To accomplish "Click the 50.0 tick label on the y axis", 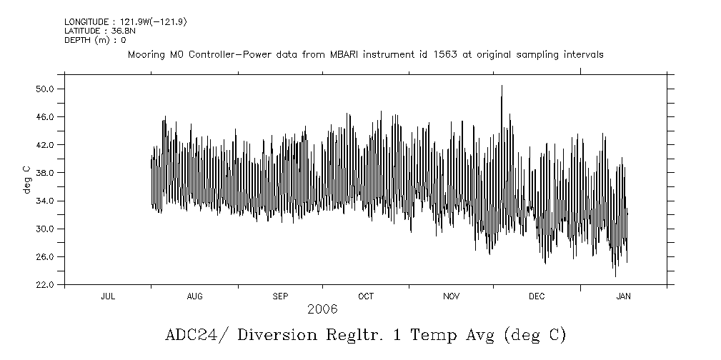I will (45, 89).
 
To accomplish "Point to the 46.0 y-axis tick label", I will (45, 116).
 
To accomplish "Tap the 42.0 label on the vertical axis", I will (45, 144).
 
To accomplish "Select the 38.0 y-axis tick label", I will (45, 173).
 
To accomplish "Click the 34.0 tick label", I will (45, 201).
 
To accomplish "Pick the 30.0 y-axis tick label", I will (45, 229).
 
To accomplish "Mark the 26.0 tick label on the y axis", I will (45, 256).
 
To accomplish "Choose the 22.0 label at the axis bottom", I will (45, 284).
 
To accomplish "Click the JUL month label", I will (108, 296).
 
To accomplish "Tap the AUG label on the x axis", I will (194, 296).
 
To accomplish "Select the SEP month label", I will (280, 296).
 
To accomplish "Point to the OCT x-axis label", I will (366, 296).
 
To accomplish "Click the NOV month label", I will (452, 296).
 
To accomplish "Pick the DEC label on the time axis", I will (537, 296).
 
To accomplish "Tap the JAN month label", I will (623, 296).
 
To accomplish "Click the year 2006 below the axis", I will (322, 309).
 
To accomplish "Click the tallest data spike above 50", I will (502, 86).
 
